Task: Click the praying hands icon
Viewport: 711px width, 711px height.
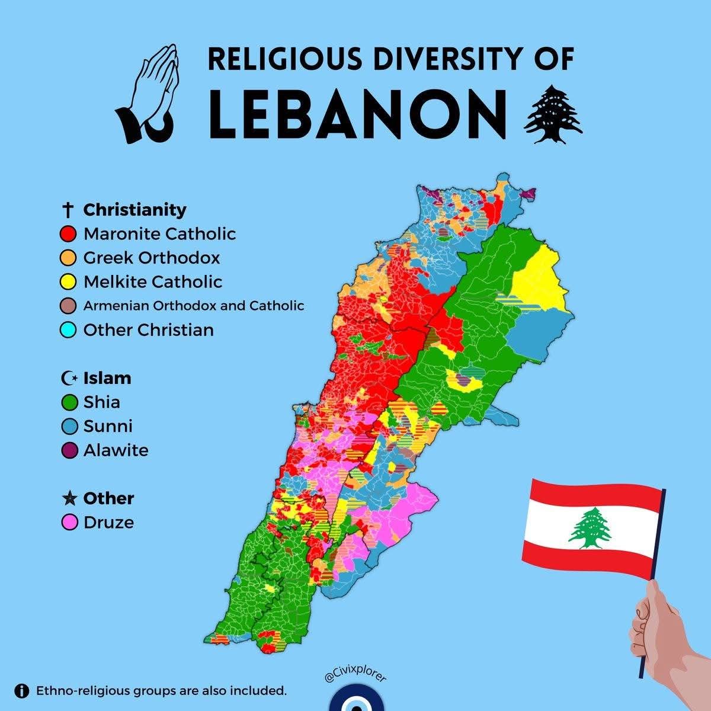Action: (x=149, y=95)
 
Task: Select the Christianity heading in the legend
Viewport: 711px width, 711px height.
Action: (x=134, y=210)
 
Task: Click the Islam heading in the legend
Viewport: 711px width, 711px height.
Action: (x=107, y=378)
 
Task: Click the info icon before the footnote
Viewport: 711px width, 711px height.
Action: (x=22, y=691)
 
